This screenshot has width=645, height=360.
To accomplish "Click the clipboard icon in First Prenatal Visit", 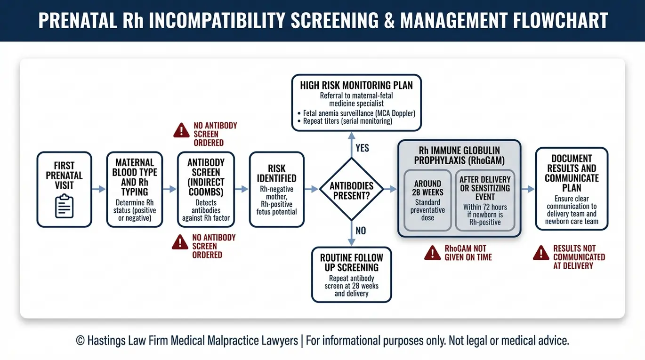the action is tap(64, 206).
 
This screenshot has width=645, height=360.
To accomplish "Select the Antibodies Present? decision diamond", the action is tap(351, 189).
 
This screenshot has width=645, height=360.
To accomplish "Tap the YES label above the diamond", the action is tap(362, 148).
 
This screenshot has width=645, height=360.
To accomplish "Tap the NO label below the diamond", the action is tap(361, 231).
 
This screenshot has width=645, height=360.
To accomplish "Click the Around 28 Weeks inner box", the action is tap(427, 200).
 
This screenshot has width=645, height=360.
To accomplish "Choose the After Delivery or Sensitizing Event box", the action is tap(485, 200).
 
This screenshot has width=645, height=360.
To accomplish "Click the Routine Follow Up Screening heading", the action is tap(352, 263).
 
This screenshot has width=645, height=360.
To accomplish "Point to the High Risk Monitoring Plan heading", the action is tap(356, 86).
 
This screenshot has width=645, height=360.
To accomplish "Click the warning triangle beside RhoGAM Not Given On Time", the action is tap(432, 253).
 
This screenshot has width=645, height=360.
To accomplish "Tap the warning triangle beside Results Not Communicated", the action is tap(541, 253).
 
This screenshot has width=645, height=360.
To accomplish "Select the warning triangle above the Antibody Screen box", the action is tap(181, 130).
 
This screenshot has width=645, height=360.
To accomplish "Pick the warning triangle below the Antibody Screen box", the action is tap(180, 242).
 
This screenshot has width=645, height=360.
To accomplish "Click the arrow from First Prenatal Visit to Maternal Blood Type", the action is tap(99, 189).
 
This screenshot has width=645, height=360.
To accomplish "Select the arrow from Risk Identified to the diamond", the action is tap(311, 189).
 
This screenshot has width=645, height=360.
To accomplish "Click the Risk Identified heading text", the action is tap(276, 174).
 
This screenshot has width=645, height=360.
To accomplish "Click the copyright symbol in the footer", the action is tap(80, 341).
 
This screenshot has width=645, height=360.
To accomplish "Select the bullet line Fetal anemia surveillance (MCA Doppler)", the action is tap(356, 113).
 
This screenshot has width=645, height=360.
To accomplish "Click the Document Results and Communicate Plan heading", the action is tap(572, 173).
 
